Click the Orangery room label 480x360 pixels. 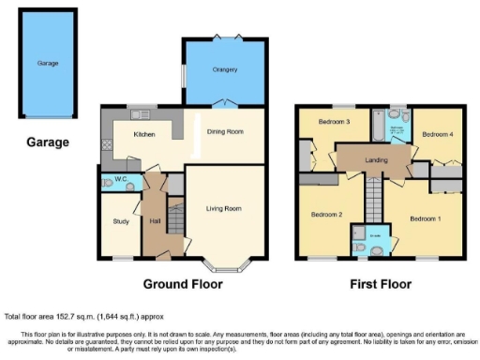(x=224, y=69)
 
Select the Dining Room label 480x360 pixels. (x=225, y=131)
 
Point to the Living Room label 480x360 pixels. (x=225, y=208)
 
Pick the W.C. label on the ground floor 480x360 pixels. (x=121, y=181)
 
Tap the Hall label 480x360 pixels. (x=156, y=221)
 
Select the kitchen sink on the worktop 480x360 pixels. (x=142, y=115)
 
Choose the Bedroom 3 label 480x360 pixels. (x=333, y=122)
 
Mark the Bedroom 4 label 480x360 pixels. (x=437, y=134)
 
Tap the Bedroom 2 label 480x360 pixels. (x=327, y=215)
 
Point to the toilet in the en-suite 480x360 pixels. (x=375, y=249)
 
